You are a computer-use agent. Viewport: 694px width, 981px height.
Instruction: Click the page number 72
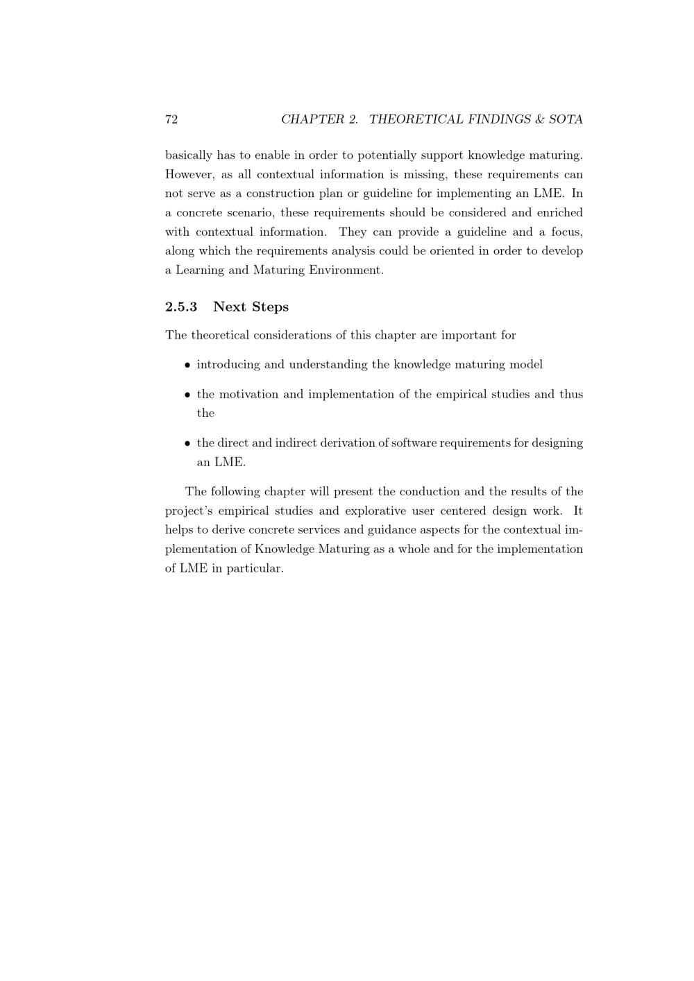pyautogui.click(x=171, y=119)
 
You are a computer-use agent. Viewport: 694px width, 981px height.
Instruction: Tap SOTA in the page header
pyautogui.click(x=565, y=119)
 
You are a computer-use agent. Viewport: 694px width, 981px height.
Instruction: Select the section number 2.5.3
pyautogui.click(x=181, y=307)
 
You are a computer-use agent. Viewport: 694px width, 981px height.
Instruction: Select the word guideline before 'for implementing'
pyautogui.click(x=388, y=194)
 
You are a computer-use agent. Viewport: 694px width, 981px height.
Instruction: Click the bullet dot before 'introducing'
pyautogui.click(x=187, y=365)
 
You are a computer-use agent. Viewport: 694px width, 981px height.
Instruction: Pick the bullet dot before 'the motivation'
pyautogui.click(x=187, y=395)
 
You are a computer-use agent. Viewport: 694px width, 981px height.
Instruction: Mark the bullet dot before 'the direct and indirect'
pyautogui.click(x=187, y=443)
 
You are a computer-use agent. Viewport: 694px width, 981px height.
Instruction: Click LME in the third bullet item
pyautogui.click(x=228, y=462)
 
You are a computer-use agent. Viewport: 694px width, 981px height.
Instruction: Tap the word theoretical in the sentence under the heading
pyautogui.click(x=219, y=335)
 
